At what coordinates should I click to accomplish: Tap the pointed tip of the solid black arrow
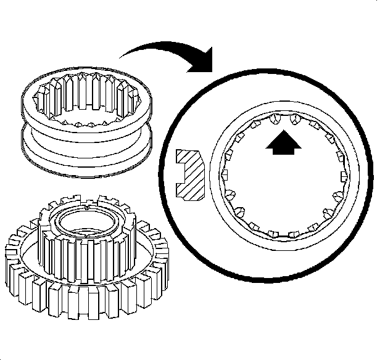click(x=284, y=131)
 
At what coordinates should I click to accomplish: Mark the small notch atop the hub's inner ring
click(x=90, y=207)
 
